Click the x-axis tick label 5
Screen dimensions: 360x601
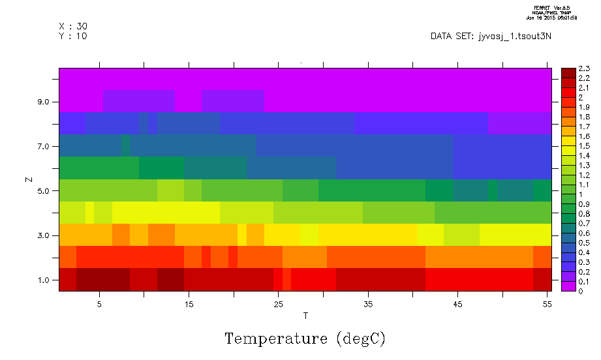tap(99, 305)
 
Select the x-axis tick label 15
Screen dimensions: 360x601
tap(189, 305)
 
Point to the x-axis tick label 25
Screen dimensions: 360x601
tap(278, 305)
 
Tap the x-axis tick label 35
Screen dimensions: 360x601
tap(367, 305)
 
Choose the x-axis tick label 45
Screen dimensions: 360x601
tap(457, 305)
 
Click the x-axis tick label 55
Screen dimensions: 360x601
tap(547, 305)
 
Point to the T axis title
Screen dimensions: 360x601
tap(305, 316)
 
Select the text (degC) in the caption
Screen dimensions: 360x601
tap(359, 339)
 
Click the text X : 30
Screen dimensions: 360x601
tap(73, 26)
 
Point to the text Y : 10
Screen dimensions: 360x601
tap(73, 36)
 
